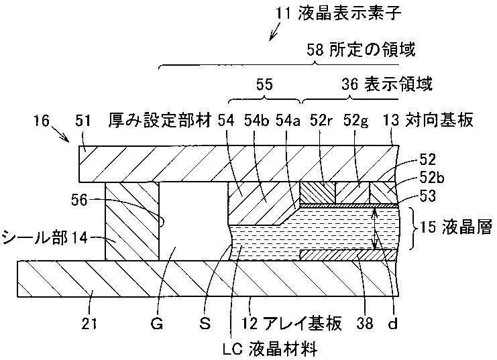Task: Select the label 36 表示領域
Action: coord(386,84)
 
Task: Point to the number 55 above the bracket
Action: coord(265,84)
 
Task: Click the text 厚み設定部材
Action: coord(160,121)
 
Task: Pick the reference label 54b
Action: coord(257,121)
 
